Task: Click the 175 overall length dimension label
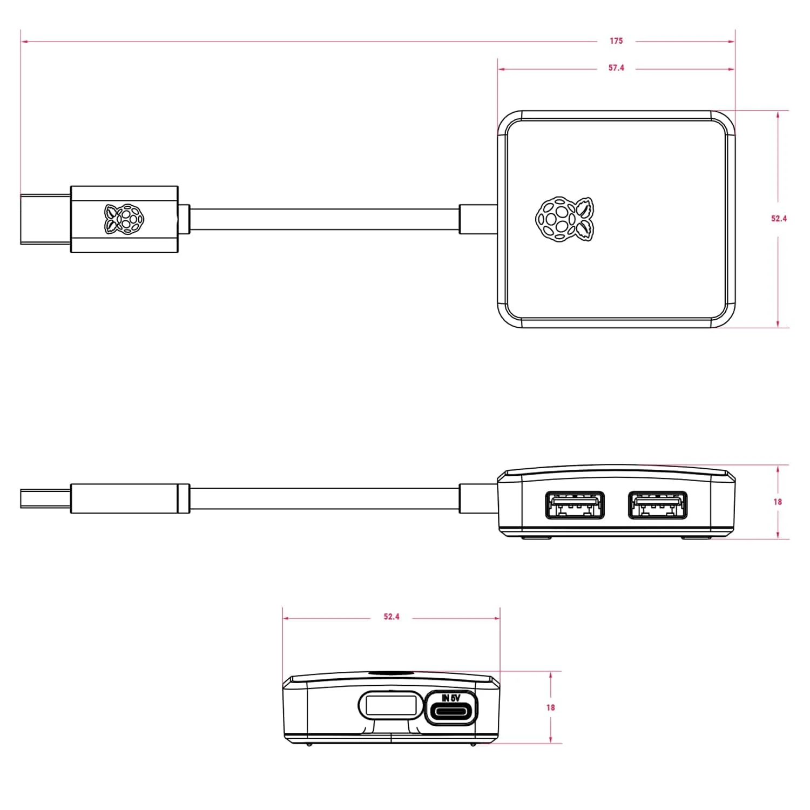pos(616,41)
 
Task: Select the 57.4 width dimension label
pos(616,68)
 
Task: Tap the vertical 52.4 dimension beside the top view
pos(779,219)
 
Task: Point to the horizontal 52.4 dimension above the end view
pos(391,617)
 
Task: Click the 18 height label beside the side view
pos(778,502)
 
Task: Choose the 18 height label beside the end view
pos(550,707)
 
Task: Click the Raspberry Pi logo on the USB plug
pos(125,219)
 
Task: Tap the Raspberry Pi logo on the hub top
pos(565,218)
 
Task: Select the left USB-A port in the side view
pos(575,505)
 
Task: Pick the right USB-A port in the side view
pos(658,505)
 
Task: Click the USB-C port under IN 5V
pos(451,713)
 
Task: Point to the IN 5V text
pos(451,698)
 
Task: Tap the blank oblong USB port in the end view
pos(390,705)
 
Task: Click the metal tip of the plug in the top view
pos(45,219)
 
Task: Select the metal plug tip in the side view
pos(45,498)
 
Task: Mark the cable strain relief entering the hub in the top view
pos(478,219)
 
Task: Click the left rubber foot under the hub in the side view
pos(536,537)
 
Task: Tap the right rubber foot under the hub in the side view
pos(697,537)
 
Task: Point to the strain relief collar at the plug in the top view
pos(184,219)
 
